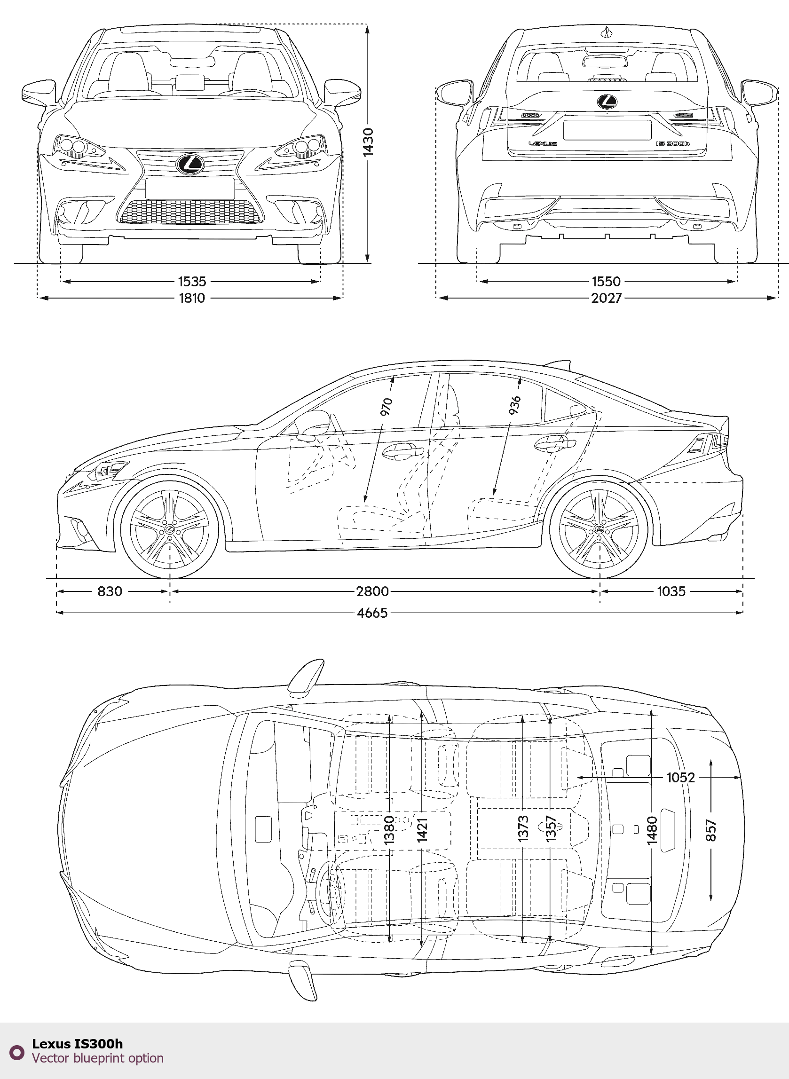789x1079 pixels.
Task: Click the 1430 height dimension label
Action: [x=368, y=142]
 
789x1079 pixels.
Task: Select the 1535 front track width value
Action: [x=192, y=281]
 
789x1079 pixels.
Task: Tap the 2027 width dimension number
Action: [x=606, y=298]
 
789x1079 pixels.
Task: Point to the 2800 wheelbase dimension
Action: [x=372, y=591]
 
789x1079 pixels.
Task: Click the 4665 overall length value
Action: [x=372, y=613]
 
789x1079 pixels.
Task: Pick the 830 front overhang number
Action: [x=110, y=591]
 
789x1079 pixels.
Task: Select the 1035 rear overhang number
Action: [x=671, y=591]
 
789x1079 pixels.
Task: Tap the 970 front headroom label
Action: [x=386, y=406]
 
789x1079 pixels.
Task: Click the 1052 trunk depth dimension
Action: [x=680, y=778]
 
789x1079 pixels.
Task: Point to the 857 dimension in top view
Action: [x=710, y=830]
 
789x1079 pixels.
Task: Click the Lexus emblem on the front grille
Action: [x=190, y=164]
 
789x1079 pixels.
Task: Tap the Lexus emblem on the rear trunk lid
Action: [x=607, y=101]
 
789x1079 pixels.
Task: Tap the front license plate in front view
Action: [x=189, y=189]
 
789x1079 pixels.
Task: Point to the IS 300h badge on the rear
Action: [x=672, y=143]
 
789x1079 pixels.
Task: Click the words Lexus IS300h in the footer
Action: [x=78, y=1044]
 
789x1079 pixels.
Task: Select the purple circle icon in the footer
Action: [x=17, y=1052]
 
